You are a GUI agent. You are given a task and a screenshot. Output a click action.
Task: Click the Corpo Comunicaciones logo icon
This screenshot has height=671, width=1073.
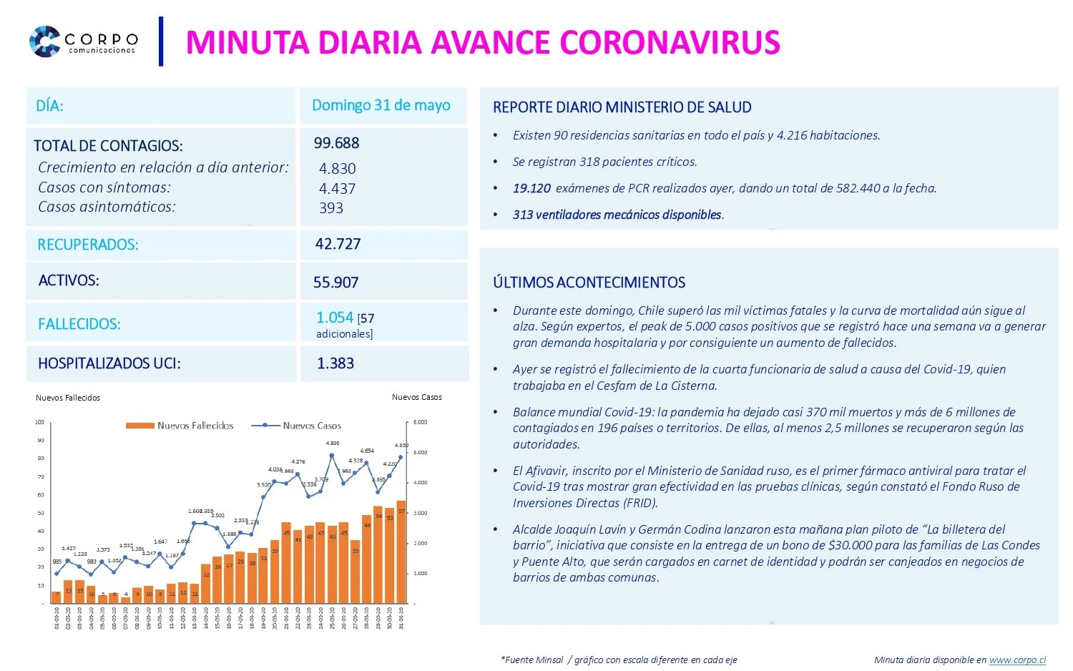(x=44, y=41)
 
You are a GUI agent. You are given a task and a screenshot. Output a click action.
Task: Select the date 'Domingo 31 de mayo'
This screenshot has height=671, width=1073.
(x=381, y=105)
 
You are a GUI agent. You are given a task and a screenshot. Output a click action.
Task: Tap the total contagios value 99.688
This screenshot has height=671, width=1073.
(x=336, y=143)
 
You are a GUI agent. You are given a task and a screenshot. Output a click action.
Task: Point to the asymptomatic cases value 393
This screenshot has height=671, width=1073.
(x=331, y=208)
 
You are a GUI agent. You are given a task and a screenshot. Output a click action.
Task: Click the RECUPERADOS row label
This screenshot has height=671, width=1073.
(x=87, y=245)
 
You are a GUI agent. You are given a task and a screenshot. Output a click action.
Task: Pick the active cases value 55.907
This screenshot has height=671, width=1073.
(x=335, y=283)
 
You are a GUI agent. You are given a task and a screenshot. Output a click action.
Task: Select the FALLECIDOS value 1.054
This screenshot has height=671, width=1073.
(x=335, y=317)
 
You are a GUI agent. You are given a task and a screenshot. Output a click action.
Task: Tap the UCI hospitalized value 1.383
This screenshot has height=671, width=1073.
(x=335, y=363)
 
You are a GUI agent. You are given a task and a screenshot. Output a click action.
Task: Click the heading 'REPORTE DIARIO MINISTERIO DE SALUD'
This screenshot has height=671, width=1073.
(x=622, y=107)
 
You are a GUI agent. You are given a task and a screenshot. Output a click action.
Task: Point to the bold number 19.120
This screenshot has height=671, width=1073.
(x=531, y=188)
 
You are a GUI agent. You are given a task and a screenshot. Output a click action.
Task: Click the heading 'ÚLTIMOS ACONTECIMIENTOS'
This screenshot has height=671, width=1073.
(x=589, y=283)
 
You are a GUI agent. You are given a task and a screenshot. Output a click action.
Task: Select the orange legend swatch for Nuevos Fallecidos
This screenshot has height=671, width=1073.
(x=139, y=426)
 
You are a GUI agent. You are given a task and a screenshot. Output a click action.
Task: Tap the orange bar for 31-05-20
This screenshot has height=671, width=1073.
(x=401, y=551)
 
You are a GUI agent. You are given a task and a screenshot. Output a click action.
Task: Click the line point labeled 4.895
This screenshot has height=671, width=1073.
(x=332, y=455)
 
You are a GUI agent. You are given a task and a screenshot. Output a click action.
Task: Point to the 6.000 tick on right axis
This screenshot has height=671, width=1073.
(x=420, y=422)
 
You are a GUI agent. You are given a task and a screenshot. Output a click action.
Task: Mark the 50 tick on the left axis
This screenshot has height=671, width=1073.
(x=40, y=513)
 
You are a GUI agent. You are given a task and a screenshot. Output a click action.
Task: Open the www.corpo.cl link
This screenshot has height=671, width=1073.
(x=1017, y=660)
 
